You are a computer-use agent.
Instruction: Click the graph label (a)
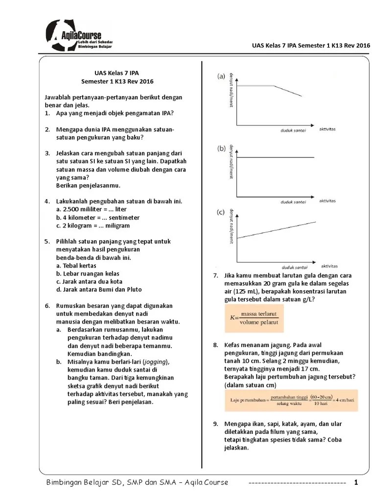pos(221,76)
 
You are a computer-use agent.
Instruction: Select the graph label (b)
pos(221,148)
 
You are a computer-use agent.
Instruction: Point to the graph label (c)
pos(221,212)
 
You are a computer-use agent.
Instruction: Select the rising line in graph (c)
pos(277,230)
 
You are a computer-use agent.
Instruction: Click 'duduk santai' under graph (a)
pos(293,131)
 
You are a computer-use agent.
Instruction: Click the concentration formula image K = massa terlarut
pos(254,319)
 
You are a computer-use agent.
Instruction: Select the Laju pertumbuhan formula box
pos(291,400)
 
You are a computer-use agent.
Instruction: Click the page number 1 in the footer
pos(356,483)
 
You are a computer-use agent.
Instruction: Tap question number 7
pos(215,276)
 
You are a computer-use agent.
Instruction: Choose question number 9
pos(215,424)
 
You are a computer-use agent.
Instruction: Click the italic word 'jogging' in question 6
pos(153,362)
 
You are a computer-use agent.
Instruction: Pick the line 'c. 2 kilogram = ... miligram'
pos(93,226)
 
